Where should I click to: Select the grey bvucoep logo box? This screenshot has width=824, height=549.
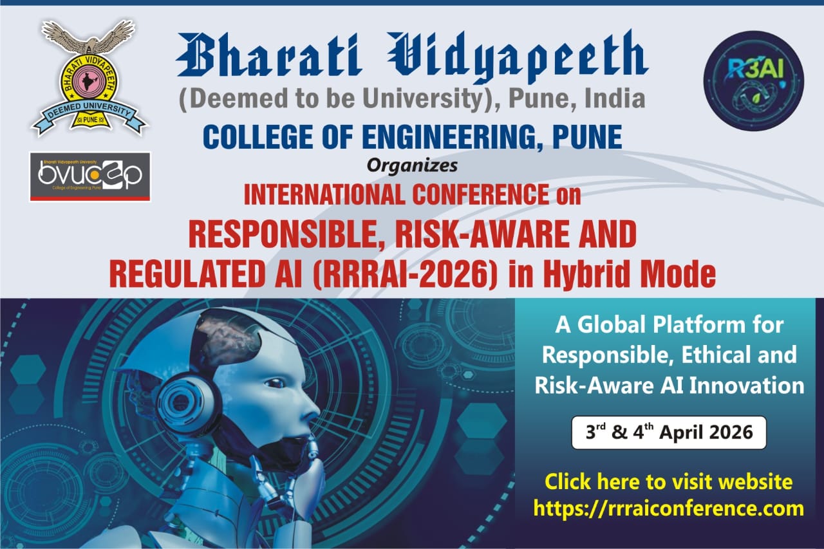90,176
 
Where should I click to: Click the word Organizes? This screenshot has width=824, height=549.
412,166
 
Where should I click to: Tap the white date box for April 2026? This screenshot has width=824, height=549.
669,433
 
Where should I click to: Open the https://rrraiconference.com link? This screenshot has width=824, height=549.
669,508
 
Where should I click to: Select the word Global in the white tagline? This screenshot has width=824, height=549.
635,325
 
